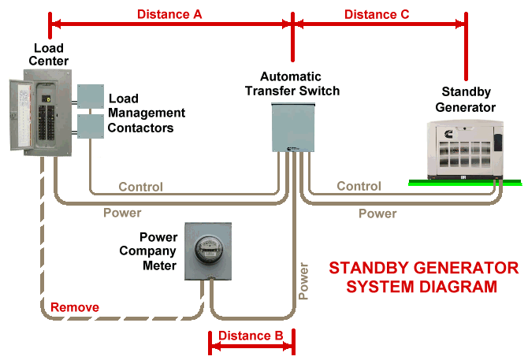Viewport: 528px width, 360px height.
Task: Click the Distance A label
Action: click(169, 14)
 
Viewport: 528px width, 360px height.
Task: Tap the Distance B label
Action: click(251, 336)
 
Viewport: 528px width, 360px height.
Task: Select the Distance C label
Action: click(377, 14)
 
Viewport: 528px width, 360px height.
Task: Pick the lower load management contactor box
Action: click(90, 126)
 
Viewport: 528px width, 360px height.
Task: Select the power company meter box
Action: click(209, 251)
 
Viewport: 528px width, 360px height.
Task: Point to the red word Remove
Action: click(75, 307)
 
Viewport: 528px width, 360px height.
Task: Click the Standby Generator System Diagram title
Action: click(423, 276)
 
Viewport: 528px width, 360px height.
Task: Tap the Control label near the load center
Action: click(140, 187)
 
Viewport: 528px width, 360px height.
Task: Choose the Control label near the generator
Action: click(359, 187)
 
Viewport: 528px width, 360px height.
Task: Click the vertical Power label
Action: click(304, 280)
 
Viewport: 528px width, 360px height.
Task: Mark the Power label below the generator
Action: click(377, 213)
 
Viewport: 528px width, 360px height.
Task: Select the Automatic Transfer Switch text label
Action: click(292, 84)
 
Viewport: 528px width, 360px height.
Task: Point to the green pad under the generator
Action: click(465, 183)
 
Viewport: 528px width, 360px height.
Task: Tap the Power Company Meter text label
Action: click(158, 251)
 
